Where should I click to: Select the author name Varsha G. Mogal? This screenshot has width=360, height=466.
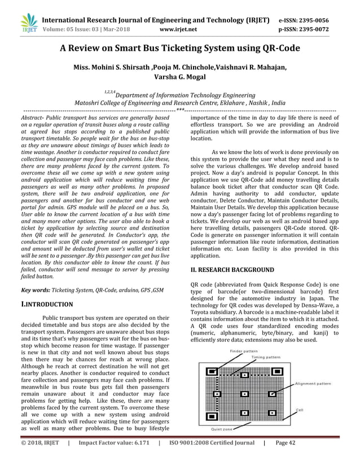tap(180, 77)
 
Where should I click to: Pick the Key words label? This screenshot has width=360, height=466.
tap(33, 289)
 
